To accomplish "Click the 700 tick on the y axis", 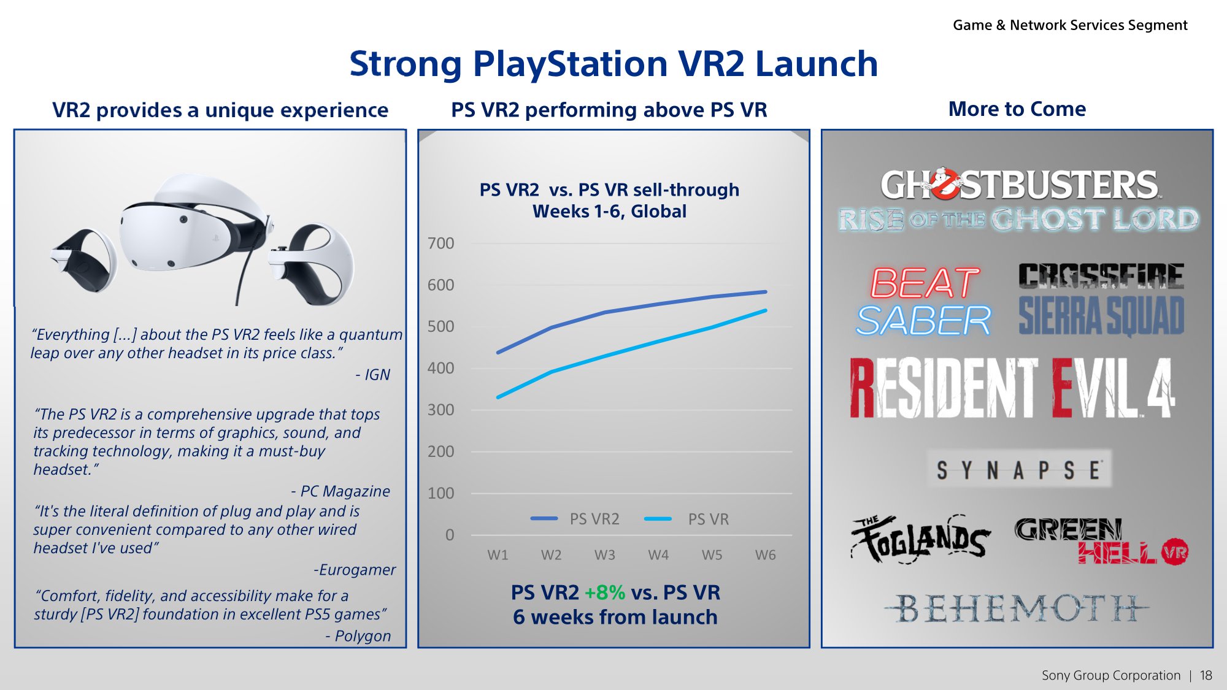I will pyautogui.click(x=440, y=243).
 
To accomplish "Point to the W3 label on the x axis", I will pyautogui.click(x=604, y=555).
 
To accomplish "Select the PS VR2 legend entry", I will pyautogui.click(x=575, y=519).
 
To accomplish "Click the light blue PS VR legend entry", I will pyautogui.click(x=687, y=519).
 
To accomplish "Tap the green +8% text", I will pyautogui.click(x=604, y=592).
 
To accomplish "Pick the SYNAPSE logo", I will pyautogui.click(x=1018, y=470).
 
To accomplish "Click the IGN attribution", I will pyautogui.click(x=373, y=375).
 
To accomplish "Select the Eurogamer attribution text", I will pyautogui.click(x=355, y=570).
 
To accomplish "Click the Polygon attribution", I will pyautogui.click(x=358, y=636).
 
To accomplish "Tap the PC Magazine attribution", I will pyautogui.click(x=340, y=491).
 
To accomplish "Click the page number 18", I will pyautogui.click(x=1206, y=675).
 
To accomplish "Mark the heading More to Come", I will pyautogui.click(x=1017, y=109).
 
